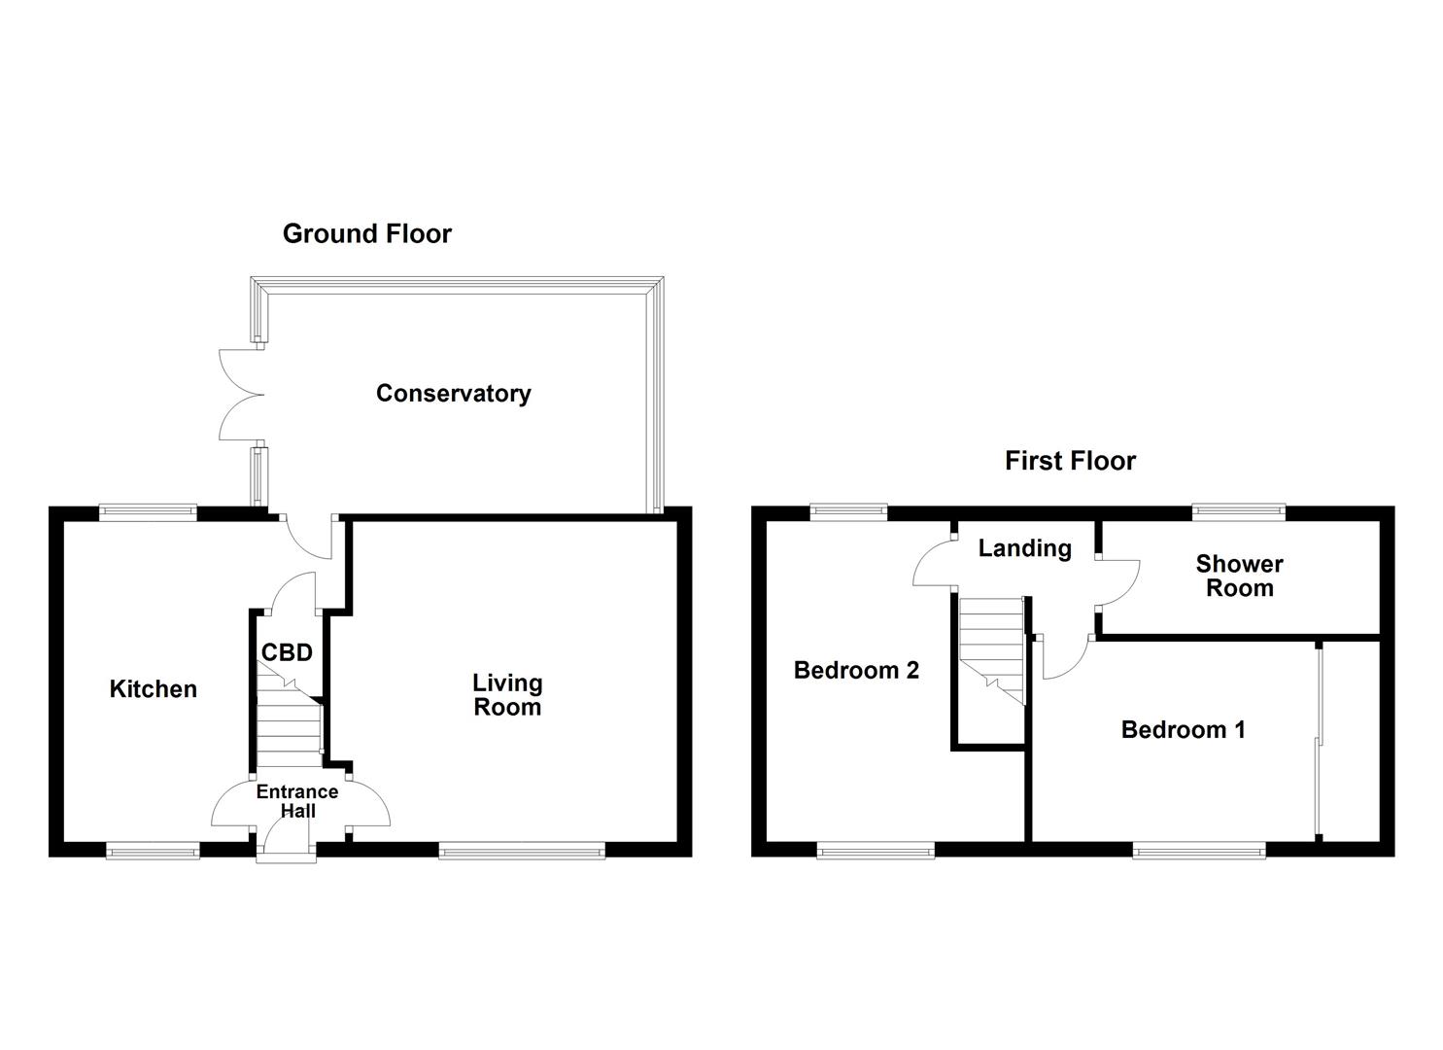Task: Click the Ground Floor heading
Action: point(366,233)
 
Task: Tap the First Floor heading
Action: point(1070,461)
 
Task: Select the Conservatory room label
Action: point(453,394)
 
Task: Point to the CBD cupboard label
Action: point(287,652)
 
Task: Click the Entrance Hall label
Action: point(297,801)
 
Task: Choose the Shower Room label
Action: point(1239,576)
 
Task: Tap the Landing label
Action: point(1024,548)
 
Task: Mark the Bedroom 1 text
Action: point(1183,730)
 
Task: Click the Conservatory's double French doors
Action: point(241,395)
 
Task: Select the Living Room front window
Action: point(522,853)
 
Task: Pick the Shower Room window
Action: point(1238,509)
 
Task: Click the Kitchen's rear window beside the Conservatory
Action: point(149,510)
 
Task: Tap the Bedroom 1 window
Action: point(1199,853)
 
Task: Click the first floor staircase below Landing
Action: point(992,647)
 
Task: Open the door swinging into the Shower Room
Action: point(1120,583)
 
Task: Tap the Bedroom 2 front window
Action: point(876,853)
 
